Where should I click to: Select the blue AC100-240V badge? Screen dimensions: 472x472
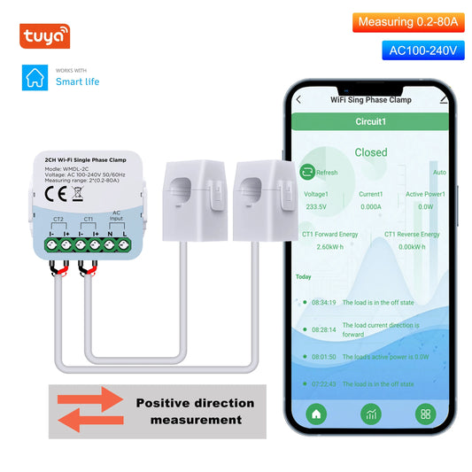[423, 50]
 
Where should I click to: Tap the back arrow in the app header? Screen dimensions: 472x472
[298, 100]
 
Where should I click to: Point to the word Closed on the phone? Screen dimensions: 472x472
[371, 152]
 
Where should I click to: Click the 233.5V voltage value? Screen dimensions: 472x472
[315, 206]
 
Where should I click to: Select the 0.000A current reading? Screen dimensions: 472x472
[370, 206]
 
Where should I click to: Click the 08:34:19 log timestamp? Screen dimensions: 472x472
[321, 302]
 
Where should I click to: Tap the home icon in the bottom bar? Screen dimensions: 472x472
[316, 413]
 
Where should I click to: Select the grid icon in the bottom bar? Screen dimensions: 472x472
[426, 413]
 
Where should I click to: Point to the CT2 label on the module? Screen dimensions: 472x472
[58, 218]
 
